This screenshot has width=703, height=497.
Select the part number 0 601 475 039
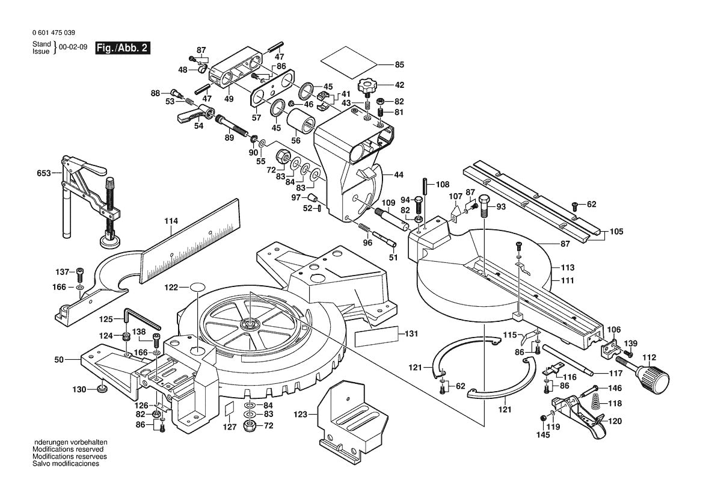point(54,33)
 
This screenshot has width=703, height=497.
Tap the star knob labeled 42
point(366,85)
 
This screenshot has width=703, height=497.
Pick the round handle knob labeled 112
point(654,378)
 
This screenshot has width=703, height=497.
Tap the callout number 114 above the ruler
point(171,221)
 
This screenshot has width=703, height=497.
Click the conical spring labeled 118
point(595,404)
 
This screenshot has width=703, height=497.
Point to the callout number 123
point(301,414)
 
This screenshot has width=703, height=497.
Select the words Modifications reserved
point(68,449)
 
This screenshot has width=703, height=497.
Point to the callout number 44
point(398,174)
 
